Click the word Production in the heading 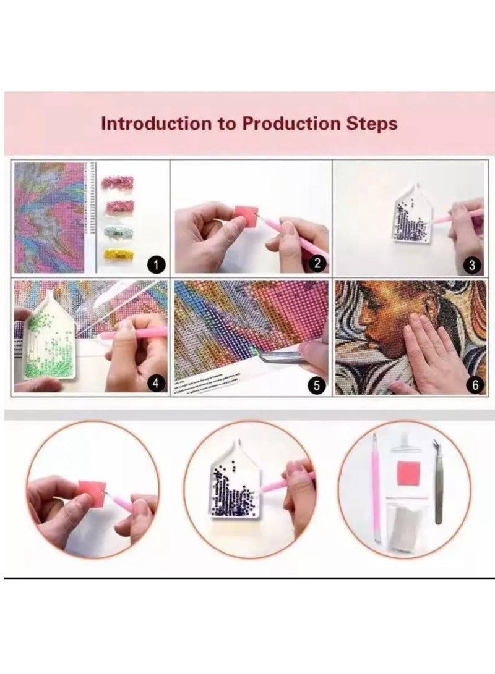pos(290,123)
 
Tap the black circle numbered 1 pos(157,265)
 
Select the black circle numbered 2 pos(317,264)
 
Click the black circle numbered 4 pos(157,384)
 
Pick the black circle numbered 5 pos(317,385)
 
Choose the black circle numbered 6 pos(474,384)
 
